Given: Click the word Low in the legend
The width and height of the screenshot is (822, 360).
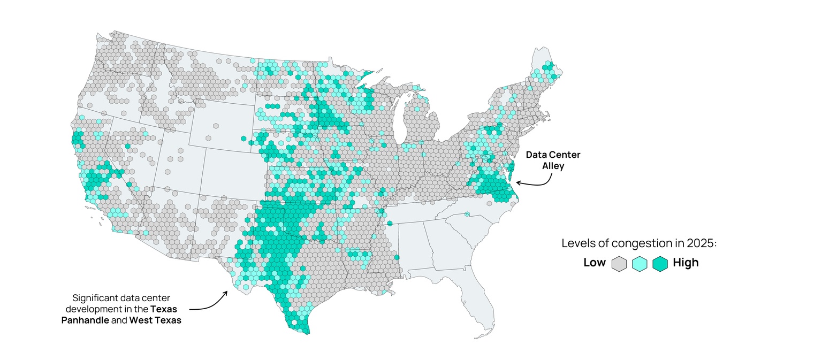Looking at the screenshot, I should click(594, 263).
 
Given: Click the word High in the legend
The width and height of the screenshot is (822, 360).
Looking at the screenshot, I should click(686, 263).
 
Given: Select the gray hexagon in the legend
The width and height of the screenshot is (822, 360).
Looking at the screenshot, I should click(619, 264).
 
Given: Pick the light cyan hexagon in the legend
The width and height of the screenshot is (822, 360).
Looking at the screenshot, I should click(640, 264).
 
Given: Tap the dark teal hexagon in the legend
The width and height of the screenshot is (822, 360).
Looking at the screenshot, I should click(660, 264).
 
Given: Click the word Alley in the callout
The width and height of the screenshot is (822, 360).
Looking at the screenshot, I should click(553, 166).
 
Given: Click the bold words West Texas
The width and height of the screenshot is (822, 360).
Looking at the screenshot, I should click(155, 320).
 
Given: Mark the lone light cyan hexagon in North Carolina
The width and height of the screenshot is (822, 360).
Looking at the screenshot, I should click(467, 215).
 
